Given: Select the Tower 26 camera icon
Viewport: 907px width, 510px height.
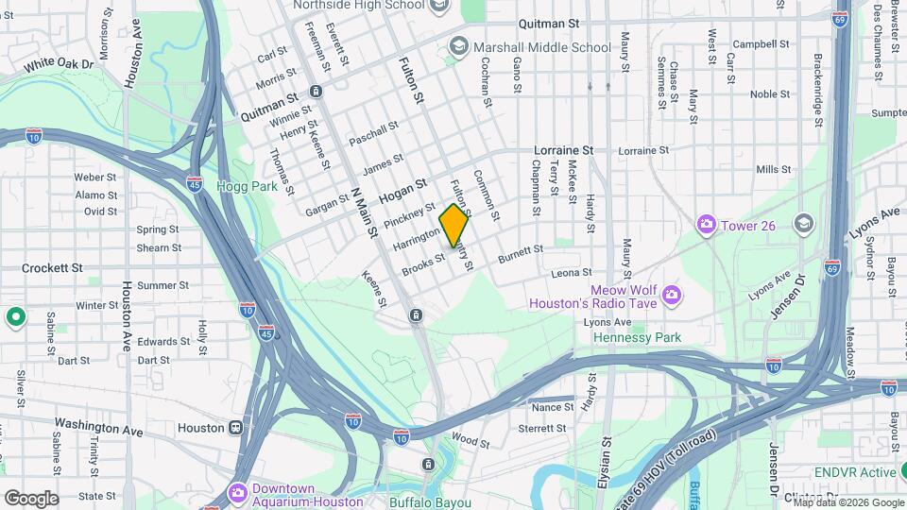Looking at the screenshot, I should (706, 224).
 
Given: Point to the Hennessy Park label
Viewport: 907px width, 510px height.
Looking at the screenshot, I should (637, 337).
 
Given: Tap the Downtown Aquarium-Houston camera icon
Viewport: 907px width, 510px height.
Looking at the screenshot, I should (238, 494).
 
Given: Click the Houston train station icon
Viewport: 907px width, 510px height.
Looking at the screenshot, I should (235, 428).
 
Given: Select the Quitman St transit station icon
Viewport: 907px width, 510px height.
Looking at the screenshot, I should (316, 92).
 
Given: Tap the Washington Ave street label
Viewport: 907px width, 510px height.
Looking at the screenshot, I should (98, 427).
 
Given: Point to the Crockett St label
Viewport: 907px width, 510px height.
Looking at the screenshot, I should (52, 268).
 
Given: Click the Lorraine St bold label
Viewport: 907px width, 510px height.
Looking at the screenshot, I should (563, 150).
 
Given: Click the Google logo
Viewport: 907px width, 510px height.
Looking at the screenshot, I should (31, 498).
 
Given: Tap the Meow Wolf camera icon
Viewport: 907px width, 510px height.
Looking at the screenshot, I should (671, 297).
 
